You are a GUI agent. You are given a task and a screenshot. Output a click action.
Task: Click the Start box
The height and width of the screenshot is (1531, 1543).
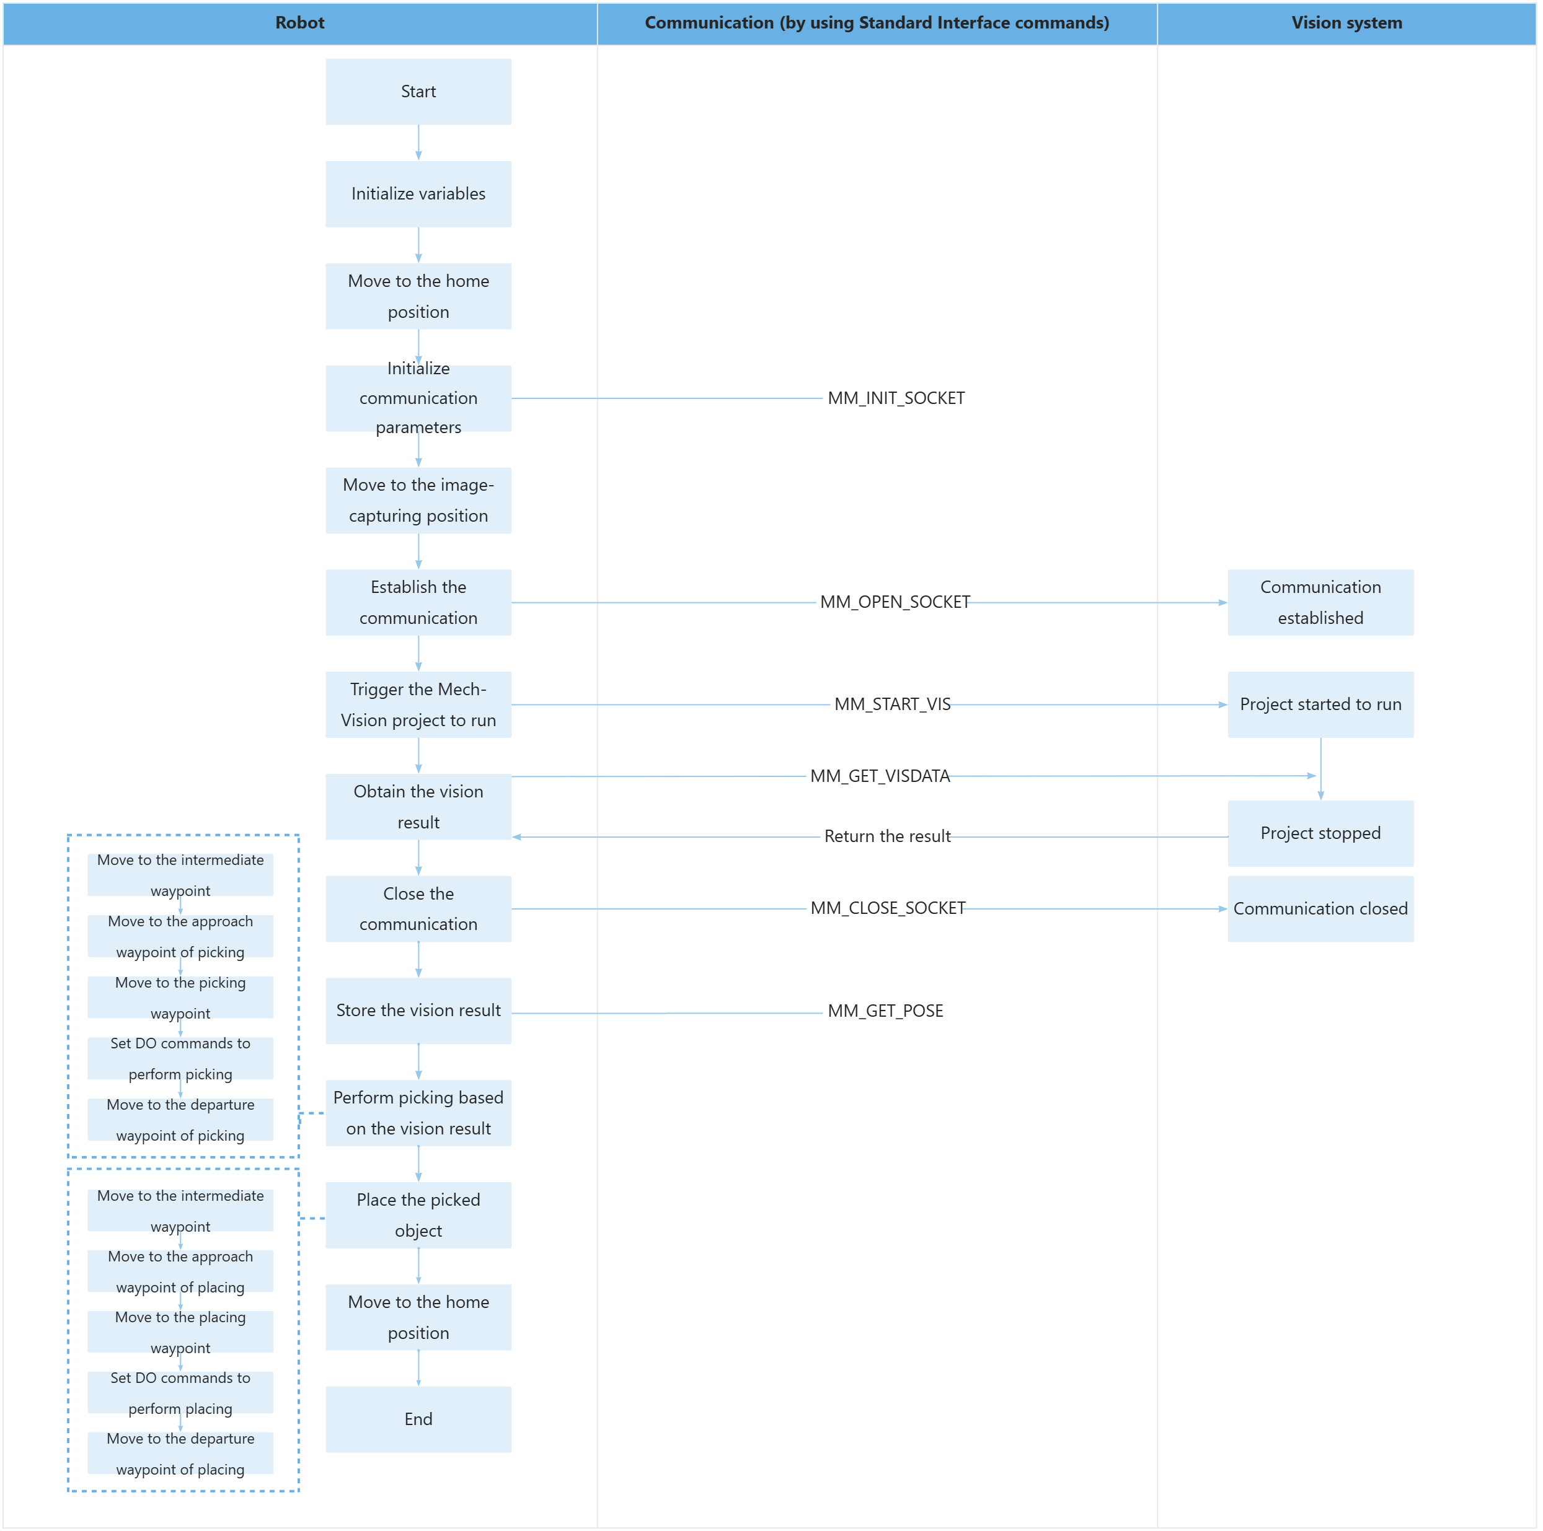[418, 92]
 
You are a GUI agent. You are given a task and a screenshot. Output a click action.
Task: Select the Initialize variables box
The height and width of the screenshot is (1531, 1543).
[418, 194]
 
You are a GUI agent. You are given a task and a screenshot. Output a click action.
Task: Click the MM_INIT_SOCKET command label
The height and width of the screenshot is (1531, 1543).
[895, 398]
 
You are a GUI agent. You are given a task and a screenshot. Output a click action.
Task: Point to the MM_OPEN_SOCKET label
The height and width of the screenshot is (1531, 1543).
[895, 602]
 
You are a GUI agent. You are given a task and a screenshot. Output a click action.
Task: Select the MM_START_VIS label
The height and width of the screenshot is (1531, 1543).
[892, 704]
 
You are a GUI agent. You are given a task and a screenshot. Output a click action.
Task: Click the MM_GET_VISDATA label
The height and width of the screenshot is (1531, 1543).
[879, 776]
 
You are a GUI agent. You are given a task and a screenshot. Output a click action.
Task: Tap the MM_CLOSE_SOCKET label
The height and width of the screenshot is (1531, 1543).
[887, 908]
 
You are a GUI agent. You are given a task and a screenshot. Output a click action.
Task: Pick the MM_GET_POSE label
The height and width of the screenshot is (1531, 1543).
[885, 1011]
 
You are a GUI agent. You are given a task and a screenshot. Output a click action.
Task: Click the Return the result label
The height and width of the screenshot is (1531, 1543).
[886, 836]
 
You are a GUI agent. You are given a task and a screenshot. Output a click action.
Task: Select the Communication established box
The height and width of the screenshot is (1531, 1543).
[1320, 603]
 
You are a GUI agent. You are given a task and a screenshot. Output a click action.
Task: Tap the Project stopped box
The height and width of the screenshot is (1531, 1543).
[1320, 833]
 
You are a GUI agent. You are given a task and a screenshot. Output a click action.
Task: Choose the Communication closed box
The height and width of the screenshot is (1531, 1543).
[1320, 908]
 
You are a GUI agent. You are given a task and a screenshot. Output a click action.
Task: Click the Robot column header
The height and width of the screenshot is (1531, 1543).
[299, 23]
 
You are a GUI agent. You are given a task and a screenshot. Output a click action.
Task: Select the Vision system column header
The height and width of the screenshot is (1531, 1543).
[1346, 23]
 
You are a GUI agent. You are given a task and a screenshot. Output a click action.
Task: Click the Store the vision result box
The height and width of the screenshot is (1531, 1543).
[418, 1011]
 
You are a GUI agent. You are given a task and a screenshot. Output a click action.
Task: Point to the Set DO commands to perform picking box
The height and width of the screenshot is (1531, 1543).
[180, 1058]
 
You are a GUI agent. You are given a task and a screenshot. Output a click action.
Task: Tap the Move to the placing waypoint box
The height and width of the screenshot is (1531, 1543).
[180, 1331]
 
